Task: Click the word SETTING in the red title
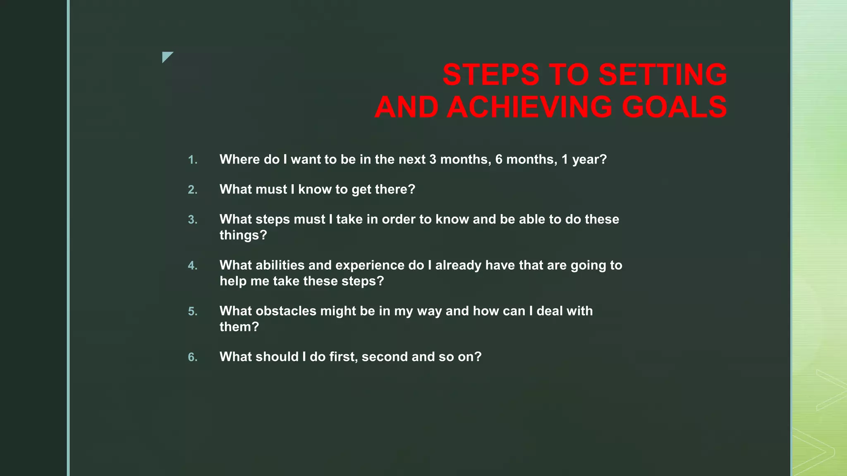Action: [x=663, y=75]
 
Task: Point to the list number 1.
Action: [x=192, y=160]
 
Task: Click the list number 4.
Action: [x=192, y=266]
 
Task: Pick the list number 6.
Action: [x=192, y=357]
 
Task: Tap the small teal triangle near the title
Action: [x=166, y=56]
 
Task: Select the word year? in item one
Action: [x=589, y=160]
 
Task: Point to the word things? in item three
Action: [x=243, y=235]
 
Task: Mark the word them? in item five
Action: [x=239, y=327]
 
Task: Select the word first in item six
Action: [x=343, y=357]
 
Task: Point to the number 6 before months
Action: [x=499, y=159]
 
